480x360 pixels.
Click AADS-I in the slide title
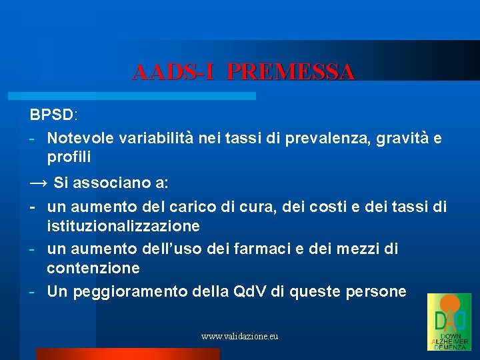(173, 71)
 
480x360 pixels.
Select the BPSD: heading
(53, 115)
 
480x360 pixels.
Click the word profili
(69, 157)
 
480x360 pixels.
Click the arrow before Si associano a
(38, 182)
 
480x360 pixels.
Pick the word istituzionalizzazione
(123, 226)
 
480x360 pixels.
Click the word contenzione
(93, 268)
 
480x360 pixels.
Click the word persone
(373, 291)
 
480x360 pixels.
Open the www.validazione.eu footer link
(239, 337)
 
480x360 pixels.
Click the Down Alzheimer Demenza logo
(449, 322)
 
